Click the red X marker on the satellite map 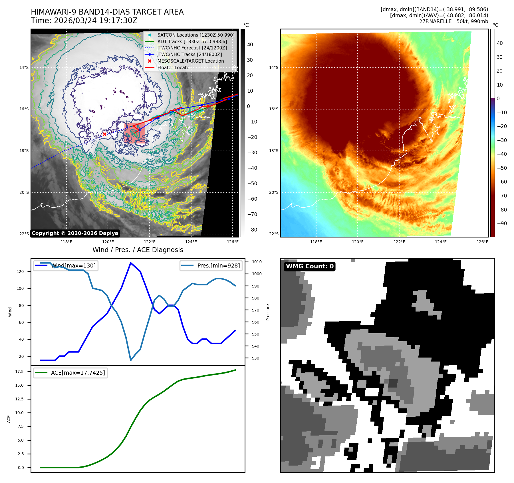[104, 134]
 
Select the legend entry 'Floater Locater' [174, 68]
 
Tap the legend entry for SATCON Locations [196, 35]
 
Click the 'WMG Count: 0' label [310, 266]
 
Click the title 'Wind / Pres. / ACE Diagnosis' [138, 250]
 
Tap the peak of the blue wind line [131, 263]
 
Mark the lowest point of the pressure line [131, 360]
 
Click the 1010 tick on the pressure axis [257, 262]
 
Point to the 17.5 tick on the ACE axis [19, 372]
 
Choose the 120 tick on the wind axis [20, 272]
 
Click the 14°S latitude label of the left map [24, 68]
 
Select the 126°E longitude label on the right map [482, 242]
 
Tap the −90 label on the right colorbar [502, 223]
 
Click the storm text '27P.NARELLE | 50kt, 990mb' [453, 21]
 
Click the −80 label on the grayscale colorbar [252, 230]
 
